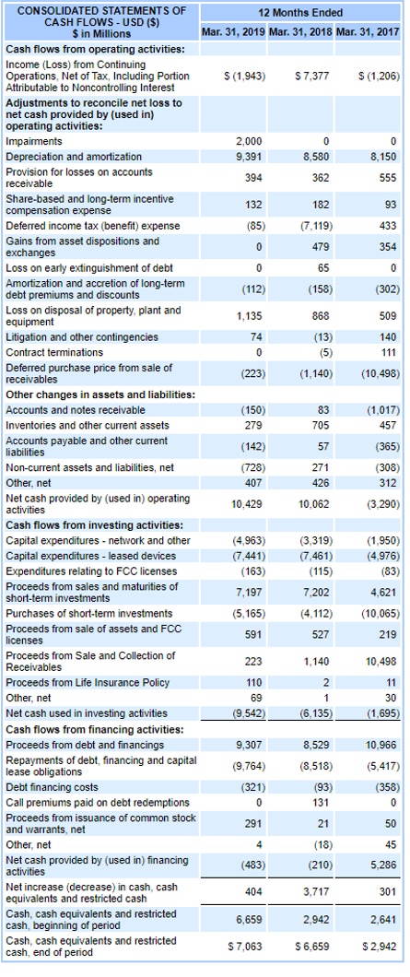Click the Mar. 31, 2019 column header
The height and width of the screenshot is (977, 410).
[x=234, y=32]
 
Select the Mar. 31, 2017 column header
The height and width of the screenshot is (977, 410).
[x=369, y=32]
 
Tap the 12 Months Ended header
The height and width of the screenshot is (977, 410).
[x=301, y=12]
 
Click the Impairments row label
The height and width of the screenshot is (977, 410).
[x=35, y=141]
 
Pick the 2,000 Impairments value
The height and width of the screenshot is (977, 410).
[x=249, y=141]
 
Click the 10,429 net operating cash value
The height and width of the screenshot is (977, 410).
[x=247, y=504]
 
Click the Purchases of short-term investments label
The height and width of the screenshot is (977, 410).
[x=88, y=613]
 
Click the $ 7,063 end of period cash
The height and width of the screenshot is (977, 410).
[x=244, y=945]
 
